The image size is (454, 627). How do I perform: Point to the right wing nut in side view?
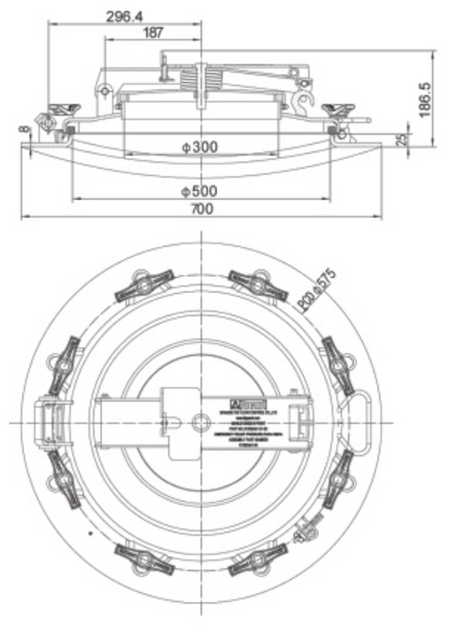pyautogui.click(x=342, y=109)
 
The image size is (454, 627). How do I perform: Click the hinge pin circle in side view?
pyautogui.click(x=106, y=90)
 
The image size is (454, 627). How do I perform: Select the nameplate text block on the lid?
pyautogui.click(x=248, y=421)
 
